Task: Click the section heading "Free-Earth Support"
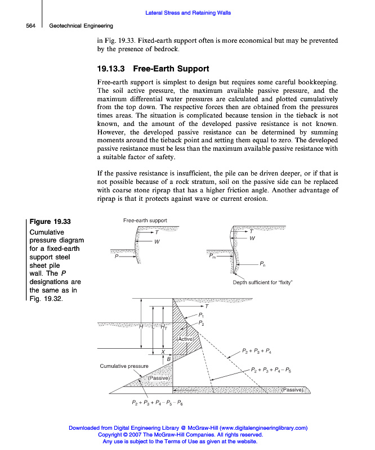tap(171, 69)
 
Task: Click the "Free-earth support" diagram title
tap(145, 220)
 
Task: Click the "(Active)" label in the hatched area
tap(185, 339)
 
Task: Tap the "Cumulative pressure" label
tap(124, 366)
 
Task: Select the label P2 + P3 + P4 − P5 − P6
tap(157, 403)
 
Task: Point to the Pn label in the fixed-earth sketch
tap(263, 263)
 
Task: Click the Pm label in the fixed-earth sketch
tap(212, 255)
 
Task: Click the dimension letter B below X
tap(168, 358)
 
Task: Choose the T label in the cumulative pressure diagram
tap(206, 307)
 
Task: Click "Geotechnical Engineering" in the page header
tap(81, 25)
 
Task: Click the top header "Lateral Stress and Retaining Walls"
tap(187, 13)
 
